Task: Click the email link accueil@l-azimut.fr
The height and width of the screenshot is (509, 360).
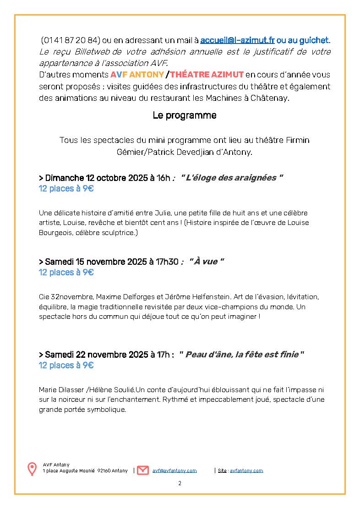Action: [x=237, y=40]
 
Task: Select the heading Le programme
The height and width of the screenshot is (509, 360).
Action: [x=184, y=115]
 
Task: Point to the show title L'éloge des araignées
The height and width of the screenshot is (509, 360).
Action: [x=232, y=178]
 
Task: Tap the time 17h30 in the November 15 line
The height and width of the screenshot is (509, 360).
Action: [x=167, y=262]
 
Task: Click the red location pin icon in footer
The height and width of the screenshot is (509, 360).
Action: [x=32, y=469]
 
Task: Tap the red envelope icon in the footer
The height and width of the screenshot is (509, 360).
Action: [x=143, y=470]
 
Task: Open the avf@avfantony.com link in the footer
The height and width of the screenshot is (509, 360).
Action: [x=175, y=471]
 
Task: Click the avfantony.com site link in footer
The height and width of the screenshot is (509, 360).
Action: [x=246, y=471]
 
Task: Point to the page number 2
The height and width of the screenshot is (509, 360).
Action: [x=180, y=483]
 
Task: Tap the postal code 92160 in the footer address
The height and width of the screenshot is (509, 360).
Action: [x=104, y=471]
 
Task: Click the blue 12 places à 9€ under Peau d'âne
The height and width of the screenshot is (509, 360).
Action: [x=66, y=365]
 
